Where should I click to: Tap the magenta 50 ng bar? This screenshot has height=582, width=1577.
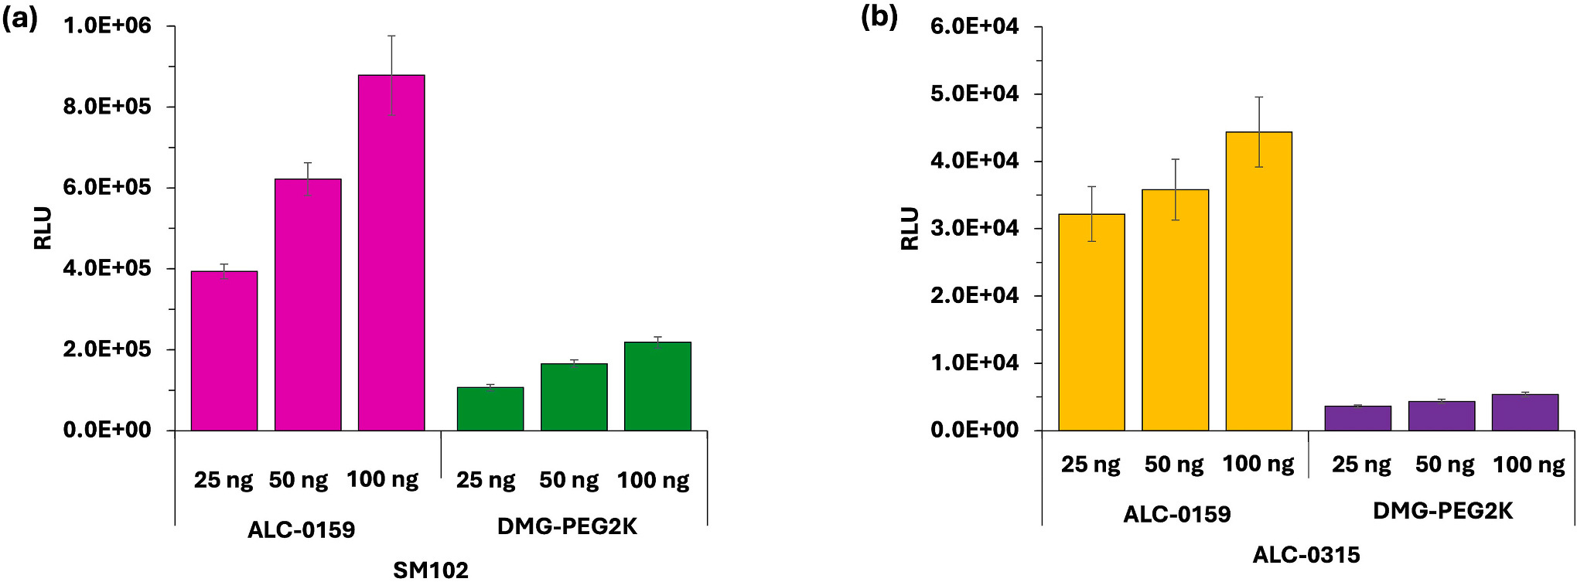point(308,305)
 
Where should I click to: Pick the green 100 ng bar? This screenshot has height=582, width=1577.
point(657,386)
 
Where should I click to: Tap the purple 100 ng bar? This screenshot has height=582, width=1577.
point(1524,412)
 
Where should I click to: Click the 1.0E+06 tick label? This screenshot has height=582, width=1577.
point(108,26)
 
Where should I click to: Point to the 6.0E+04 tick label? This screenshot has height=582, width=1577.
point(975,26)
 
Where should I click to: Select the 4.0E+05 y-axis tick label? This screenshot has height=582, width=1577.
point(108,268)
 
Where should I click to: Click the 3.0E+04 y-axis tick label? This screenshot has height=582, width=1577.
point(975,228)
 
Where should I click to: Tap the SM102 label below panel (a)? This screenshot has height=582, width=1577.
point(431,570)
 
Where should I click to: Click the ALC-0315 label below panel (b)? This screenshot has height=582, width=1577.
point(1306,555)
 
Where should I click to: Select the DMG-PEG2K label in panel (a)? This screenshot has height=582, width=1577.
point(567,527)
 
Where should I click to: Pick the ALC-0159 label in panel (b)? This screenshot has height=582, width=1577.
point(1176,515)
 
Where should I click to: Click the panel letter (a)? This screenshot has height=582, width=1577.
point(19,19)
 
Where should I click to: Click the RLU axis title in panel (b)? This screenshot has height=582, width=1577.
point(910,228)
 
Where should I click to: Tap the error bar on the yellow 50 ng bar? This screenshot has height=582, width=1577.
point(1176,189)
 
